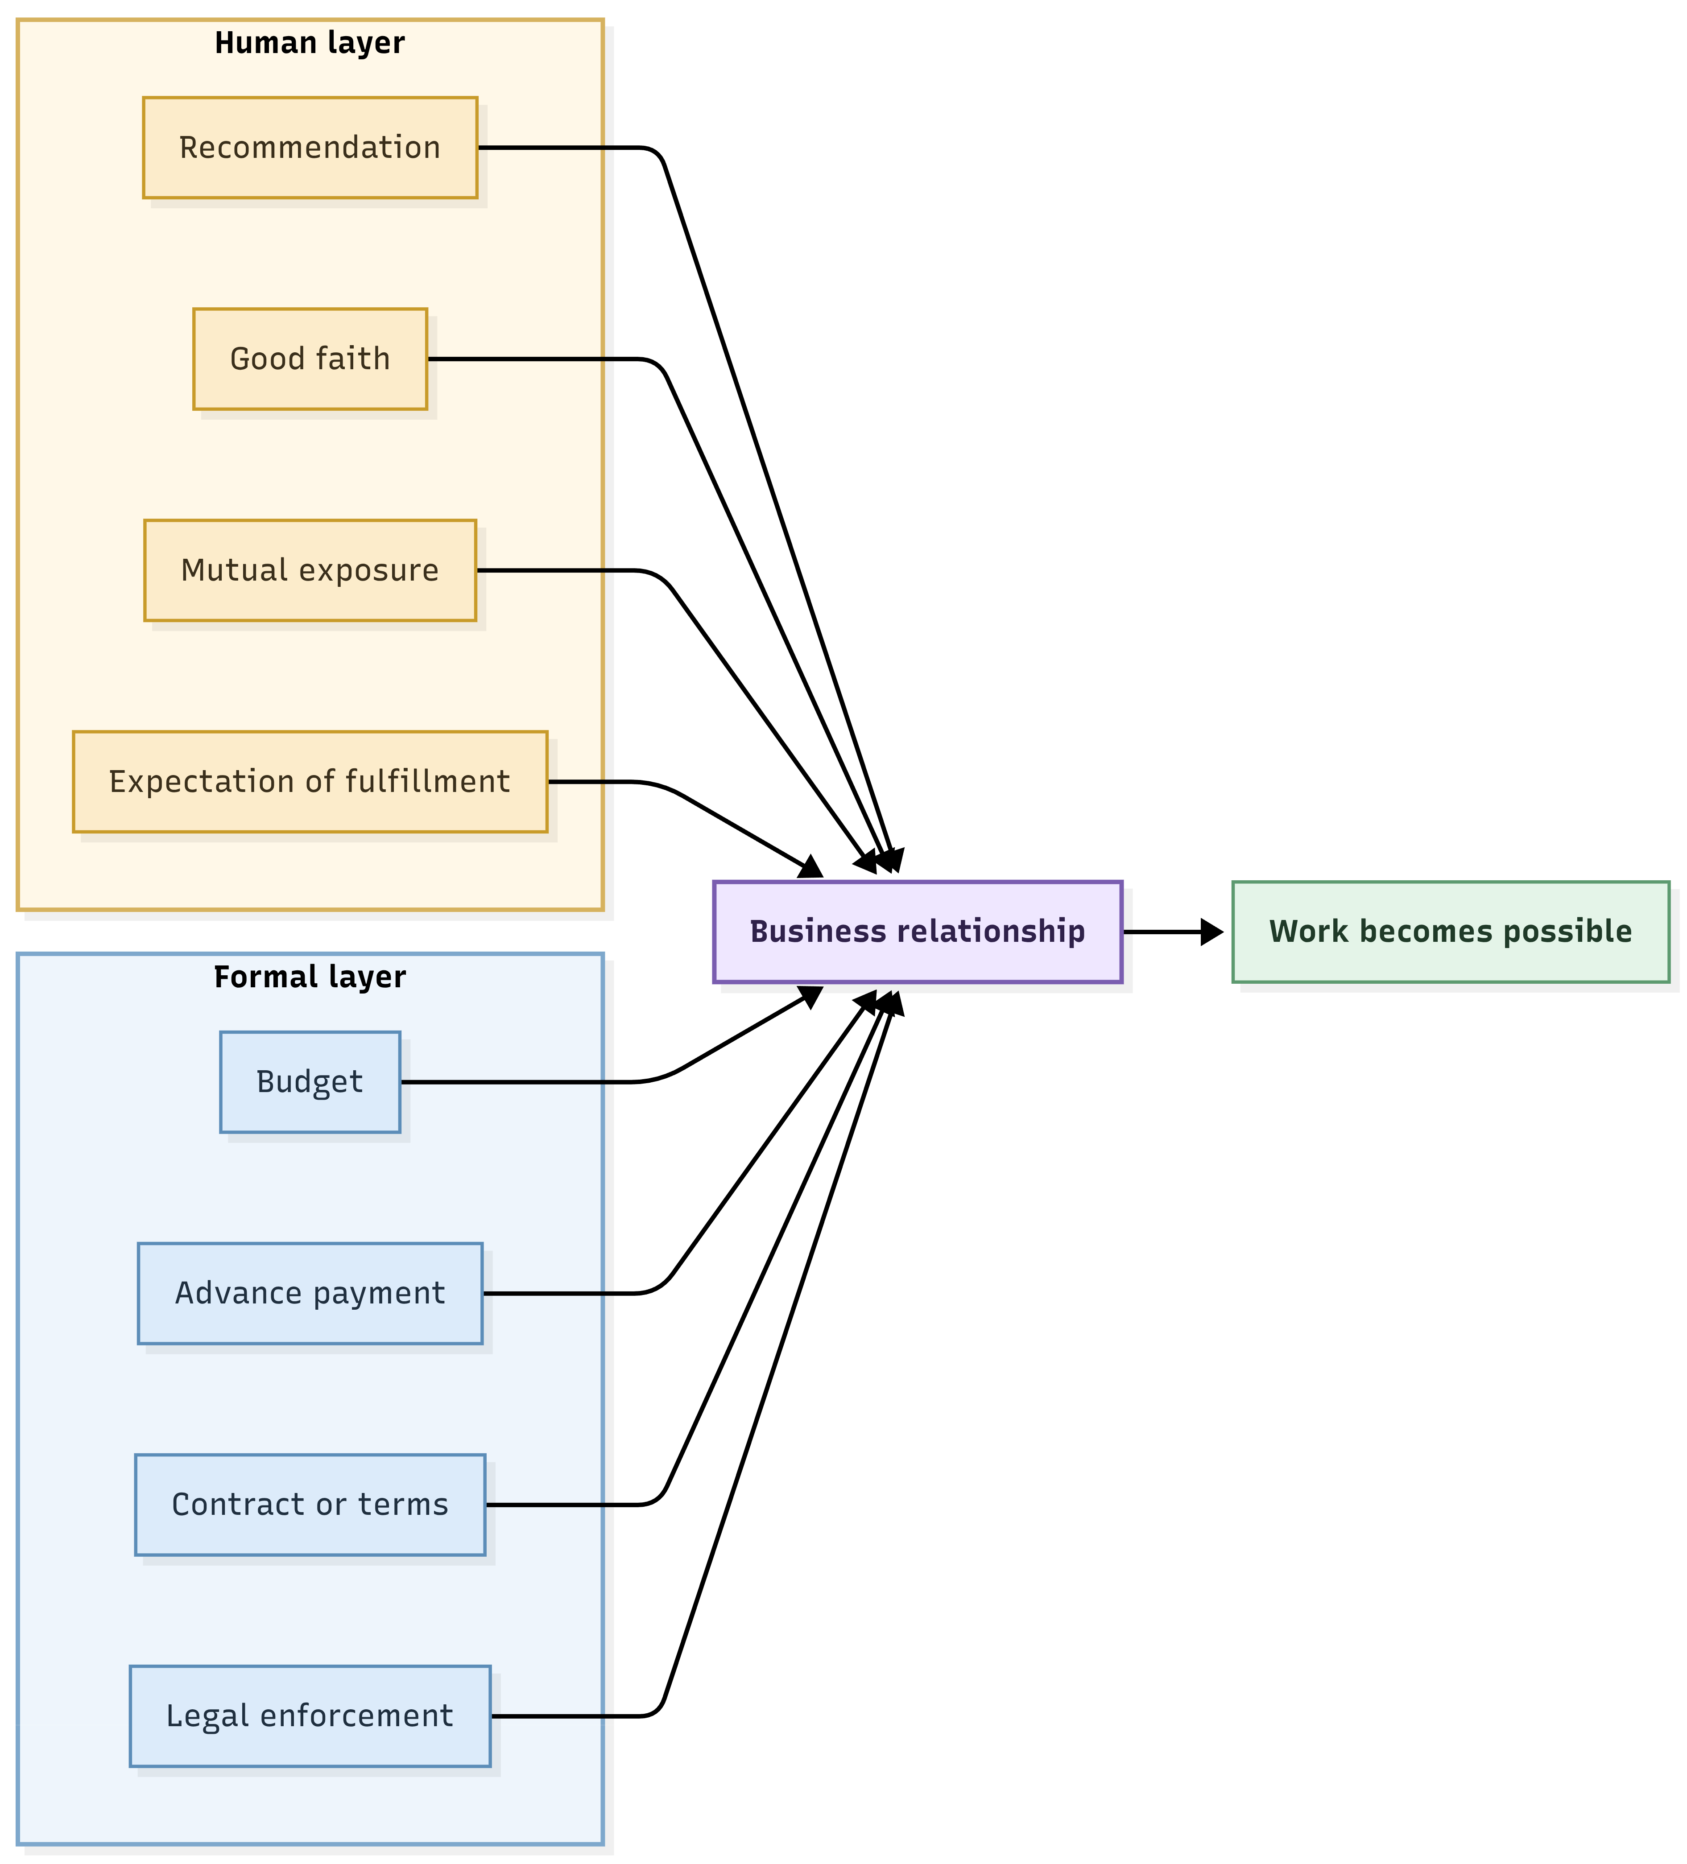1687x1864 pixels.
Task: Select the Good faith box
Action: [x=310, y=359]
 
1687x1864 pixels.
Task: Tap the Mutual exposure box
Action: [x=310, y=570]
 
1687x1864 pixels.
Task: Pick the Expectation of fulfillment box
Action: [x=310, y=782]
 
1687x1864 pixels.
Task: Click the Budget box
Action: [x=310, y=1082]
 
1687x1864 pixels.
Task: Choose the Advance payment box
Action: [x=310, y=1294]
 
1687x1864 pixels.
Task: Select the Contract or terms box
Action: [x=310, y=1505]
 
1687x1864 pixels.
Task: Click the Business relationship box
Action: [x=918, y=932]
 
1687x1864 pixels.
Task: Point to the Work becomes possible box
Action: [x=1450, y=932]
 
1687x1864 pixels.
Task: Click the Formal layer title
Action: [x=310, y=977]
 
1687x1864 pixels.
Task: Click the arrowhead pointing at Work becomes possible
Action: [x=1212, y=932]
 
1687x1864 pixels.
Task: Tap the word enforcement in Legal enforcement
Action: [x=357, y=1716]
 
